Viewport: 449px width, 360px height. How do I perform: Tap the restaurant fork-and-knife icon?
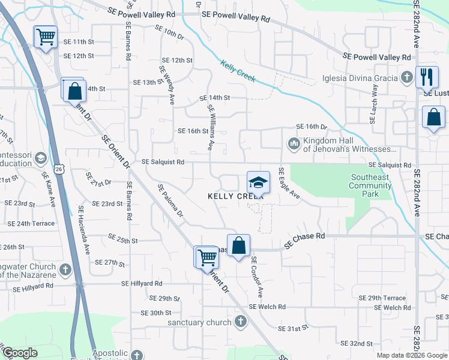(427, 76)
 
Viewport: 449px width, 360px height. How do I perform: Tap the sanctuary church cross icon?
(240, 322)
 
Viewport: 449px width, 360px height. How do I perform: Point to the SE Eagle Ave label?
(289, 184)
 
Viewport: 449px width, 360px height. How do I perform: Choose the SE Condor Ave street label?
(257, 277)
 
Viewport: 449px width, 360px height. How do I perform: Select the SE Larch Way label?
(374, 104)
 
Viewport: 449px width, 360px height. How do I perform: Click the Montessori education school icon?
(41, 158)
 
